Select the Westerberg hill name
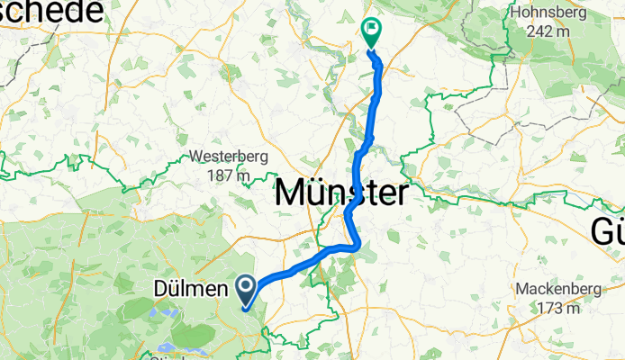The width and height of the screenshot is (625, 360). [229, 156]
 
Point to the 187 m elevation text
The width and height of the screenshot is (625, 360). [229, 175]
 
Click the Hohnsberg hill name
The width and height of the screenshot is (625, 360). [548, 13]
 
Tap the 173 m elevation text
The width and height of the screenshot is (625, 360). [556, 309]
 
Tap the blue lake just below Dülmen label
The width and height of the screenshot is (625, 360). [165, 312]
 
